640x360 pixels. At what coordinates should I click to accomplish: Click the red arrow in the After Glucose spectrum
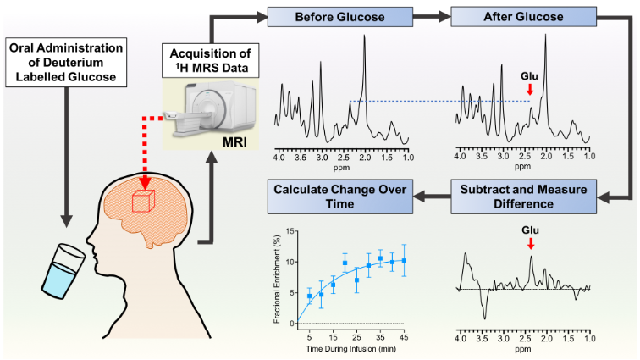pos(530,88)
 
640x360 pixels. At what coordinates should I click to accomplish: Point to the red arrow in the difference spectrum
pos(531,244)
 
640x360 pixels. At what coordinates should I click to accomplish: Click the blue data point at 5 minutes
pos(309,296)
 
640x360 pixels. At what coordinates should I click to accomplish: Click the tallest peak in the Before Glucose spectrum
pos(365,36)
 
